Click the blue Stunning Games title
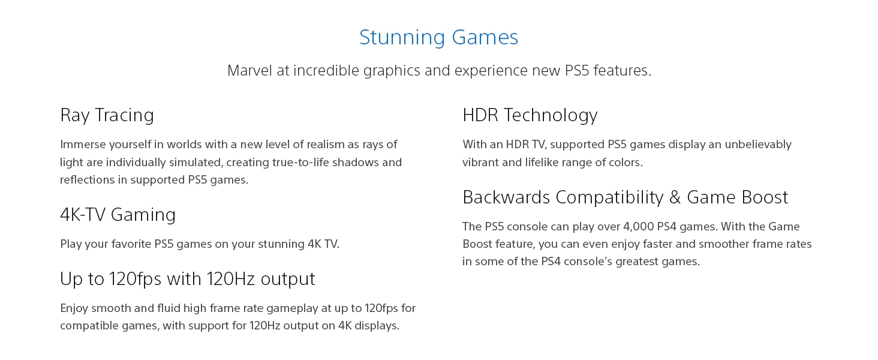[438, 37]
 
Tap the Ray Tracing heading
[107, 115]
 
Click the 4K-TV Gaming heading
[118, 215]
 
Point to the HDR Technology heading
[530, 115]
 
